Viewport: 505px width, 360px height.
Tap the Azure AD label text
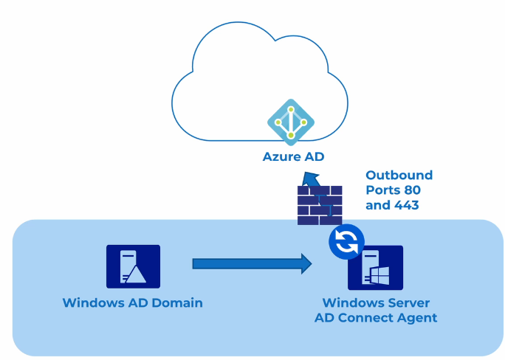[293, 156]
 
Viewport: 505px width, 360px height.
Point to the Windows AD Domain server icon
[133, 266]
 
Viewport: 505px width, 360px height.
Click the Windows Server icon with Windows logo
[376, 268]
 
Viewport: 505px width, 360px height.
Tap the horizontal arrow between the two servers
[252, 263]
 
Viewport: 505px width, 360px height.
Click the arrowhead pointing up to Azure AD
[312, 180]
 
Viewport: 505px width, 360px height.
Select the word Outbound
[399, 175]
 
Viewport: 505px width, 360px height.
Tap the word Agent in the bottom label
[418, 318]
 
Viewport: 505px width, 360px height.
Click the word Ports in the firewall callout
[384, 190]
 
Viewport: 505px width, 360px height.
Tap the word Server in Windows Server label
[408, 303]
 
